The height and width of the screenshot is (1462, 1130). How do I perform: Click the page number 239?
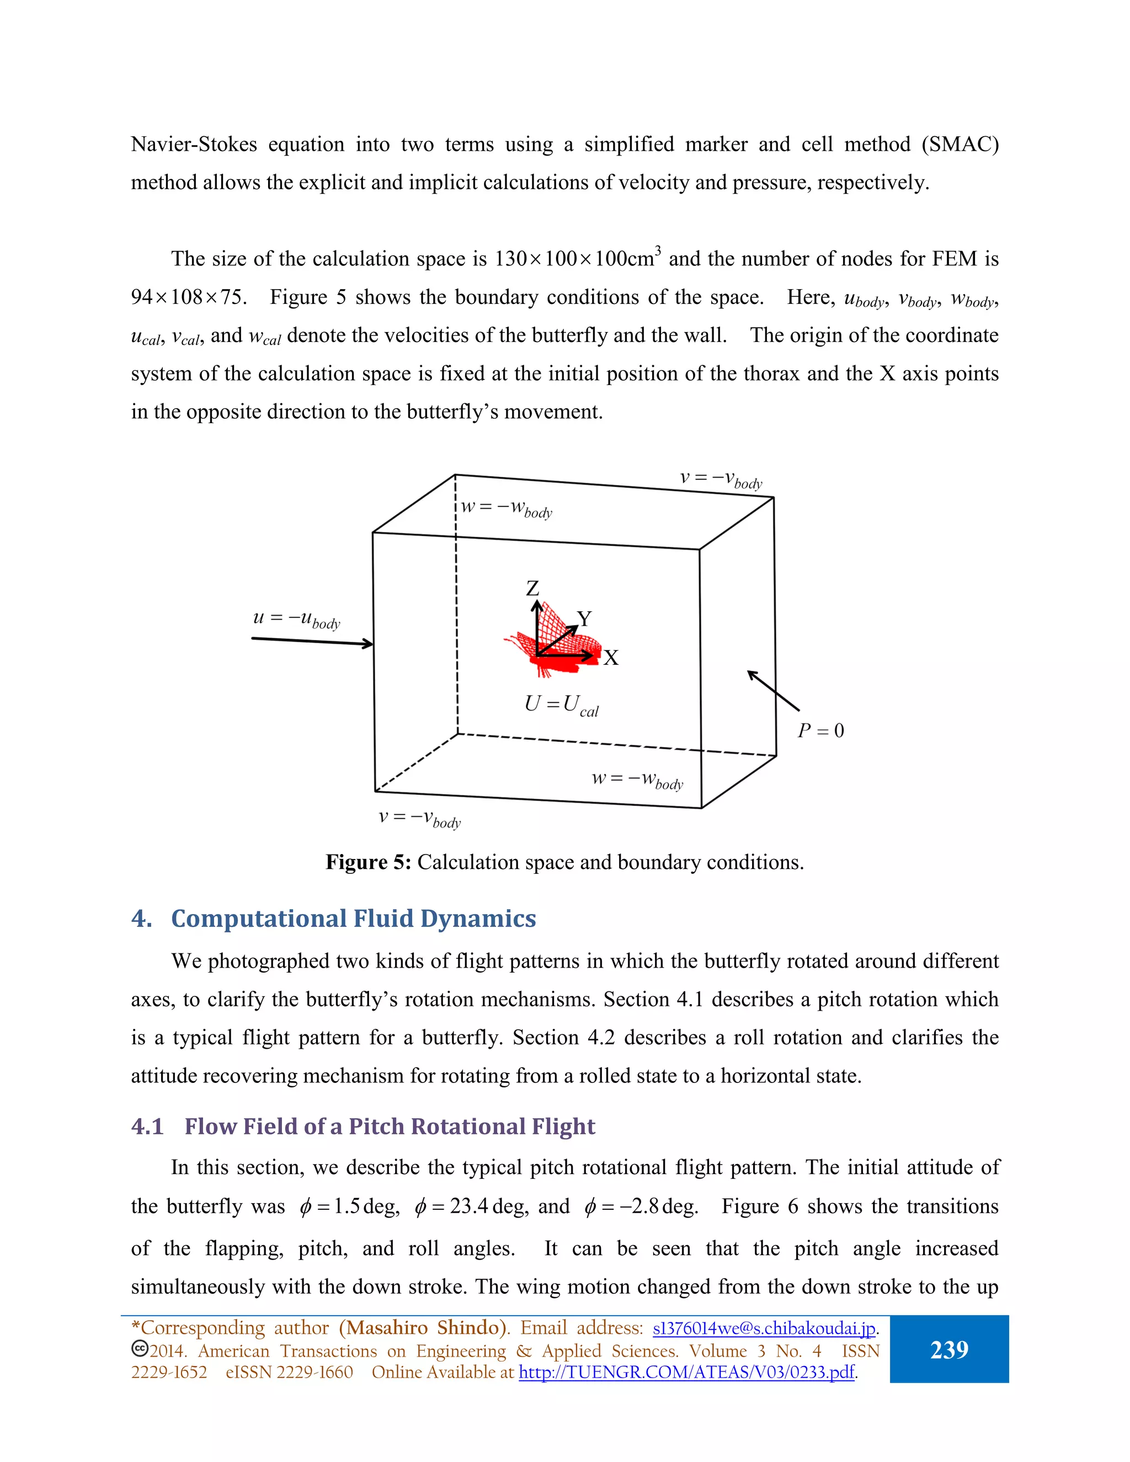[x=948, y=1349]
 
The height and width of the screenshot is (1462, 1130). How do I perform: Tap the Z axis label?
[x=532, y=589]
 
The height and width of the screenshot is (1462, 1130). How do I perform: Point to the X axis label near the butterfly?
[x=611, y=658]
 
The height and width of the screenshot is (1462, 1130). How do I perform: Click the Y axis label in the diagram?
[x=584, y=618]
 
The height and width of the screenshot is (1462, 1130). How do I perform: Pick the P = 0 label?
[x=820, y=730]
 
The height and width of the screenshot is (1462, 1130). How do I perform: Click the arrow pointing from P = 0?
[x=773, y=690]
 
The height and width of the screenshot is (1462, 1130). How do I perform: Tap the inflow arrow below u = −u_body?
[x=312, y=641]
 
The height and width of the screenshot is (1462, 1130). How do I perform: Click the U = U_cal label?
[x=561, y=705]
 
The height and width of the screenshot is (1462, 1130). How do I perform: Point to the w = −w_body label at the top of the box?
[x=506, y=509]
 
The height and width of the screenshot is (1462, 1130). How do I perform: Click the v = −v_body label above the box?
[x=720, y=479]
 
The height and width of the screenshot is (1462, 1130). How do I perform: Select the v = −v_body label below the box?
[x=419, y=818]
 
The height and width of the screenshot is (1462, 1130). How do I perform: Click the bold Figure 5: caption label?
[x=368, y=862]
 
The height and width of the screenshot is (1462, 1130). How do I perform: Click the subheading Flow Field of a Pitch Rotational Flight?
[x=389, y=1127]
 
